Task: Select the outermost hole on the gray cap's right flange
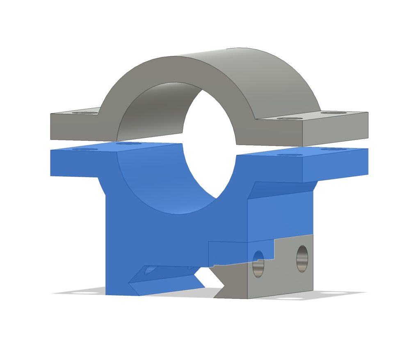333,112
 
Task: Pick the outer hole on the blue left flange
85,149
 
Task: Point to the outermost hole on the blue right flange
333,149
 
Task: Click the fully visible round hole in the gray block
302,259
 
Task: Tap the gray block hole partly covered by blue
258,266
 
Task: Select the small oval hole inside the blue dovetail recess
151,269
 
